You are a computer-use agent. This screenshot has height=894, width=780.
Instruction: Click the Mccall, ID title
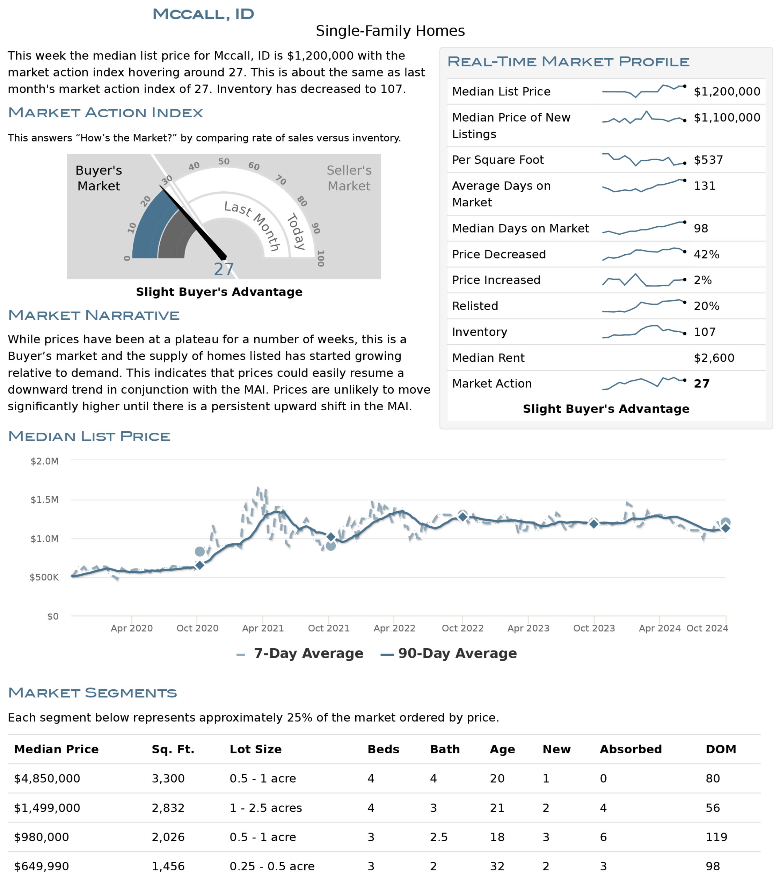pos(203,14)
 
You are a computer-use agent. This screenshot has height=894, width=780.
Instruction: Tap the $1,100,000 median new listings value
pos(727,118)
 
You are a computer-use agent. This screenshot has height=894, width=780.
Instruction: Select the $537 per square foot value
pos(708,160)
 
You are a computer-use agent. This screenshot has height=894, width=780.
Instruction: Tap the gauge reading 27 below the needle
pos(224,269)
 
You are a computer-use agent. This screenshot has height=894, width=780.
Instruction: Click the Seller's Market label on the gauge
pos(349,178)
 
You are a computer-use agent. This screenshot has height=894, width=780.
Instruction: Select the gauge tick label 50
pos(224,161)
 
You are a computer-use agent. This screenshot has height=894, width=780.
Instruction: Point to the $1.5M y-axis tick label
pos(44,500)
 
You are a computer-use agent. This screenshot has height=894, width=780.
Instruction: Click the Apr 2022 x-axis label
pos(394,628)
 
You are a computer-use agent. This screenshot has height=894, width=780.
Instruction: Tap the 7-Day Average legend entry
pos(300,653)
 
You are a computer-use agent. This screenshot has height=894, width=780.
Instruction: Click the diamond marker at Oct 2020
pos(200,565)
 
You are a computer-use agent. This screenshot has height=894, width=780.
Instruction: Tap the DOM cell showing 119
pos(716,837)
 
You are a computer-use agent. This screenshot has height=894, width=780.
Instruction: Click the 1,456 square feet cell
pos(168,866)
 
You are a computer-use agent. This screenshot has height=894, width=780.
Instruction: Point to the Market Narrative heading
pos(94,315)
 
